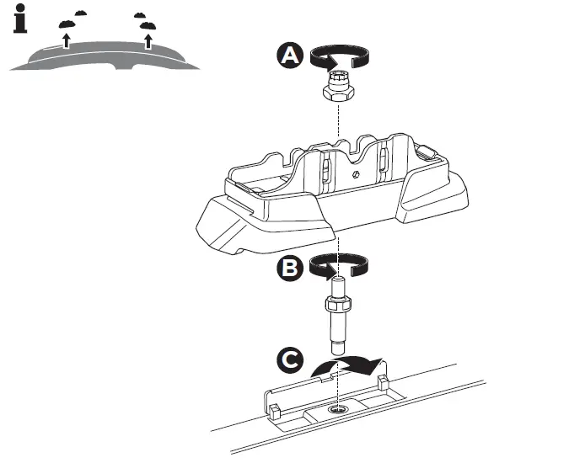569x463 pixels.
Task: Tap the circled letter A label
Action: [x=289, y=56]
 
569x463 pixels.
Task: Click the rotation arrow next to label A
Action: [x=336, y=56]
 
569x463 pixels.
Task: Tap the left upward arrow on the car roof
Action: [x=66, y=40]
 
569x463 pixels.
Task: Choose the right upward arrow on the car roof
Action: [x=148, y=39]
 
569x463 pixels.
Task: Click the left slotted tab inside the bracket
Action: [x=325, y=168]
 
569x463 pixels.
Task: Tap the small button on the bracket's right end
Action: [x=427, y=153]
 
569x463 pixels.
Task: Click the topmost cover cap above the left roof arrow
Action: [x=81, y=13]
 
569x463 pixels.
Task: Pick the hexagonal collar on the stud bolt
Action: [x=336, y=301]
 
